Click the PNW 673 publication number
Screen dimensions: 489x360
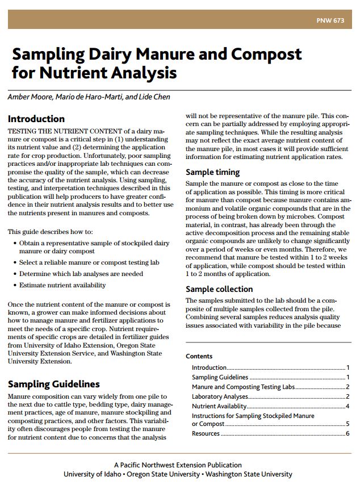(x=330, y=21)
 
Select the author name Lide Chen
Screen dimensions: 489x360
(x=154, y=97)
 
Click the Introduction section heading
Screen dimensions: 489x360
(x=36, y=119)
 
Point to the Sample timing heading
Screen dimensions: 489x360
(x=213, y=172)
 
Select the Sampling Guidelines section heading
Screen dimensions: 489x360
(x=53, y=384)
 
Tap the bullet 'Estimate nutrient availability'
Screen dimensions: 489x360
(x=62, y=285)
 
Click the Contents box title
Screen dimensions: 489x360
(x=199, y=357)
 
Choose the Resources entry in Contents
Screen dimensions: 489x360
(x=206, y=433)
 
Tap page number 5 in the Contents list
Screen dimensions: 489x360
(x=347, y=424)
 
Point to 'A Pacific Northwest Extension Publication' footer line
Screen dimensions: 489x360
(x=178, y=465)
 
